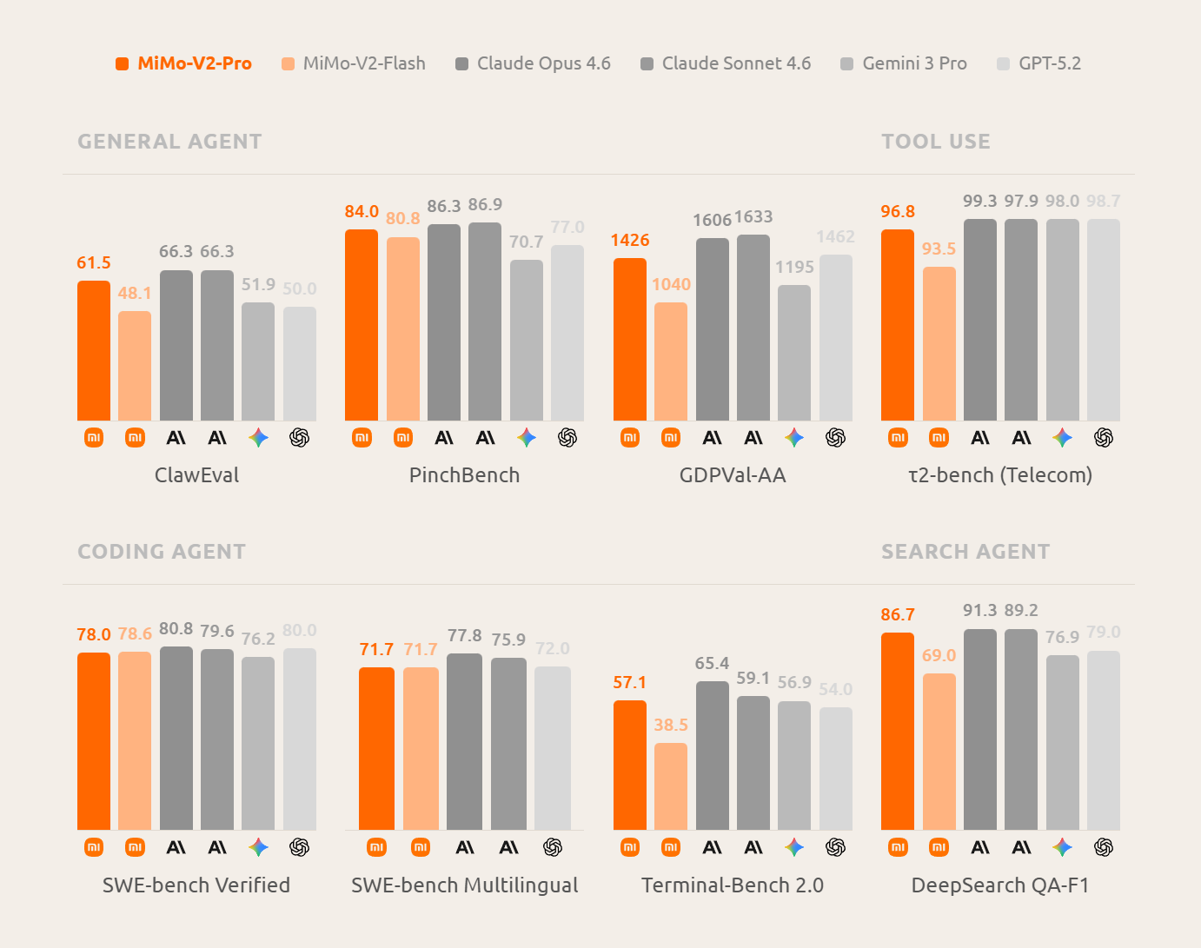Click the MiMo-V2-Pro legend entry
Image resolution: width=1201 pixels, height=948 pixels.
[x=184, y=63]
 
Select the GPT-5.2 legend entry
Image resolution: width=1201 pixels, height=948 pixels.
[x=1039, y=63]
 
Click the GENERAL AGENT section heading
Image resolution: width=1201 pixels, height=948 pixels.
[x=169, y=142]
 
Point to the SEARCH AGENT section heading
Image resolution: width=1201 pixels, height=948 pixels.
[x=965, y=552]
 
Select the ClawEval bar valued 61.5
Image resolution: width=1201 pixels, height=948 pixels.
[x=94, y=351]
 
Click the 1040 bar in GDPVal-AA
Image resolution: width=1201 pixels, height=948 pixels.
[x=671, y=361]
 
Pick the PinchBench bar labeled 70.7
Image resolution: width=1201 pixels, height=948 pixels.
[x=527, y=341]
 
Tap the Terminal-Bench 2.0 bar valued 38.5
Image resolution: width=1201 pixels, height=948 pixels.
[x=671, y=786]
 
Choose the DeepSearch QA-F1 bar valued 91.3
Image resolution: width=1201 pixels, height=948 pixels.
[x=980, y=730]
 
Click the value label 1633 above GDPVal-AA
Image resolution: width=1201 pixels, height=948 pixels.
[x=753, y=216]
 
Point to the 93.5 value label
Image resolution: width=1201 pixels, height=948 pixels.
[x=939, y=249]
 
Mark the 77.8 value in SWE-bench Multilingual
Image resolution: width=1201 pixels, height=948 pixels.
[x=465, y=636]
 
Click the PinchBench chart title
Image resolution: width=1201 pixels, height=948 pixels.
[x=465, y=475]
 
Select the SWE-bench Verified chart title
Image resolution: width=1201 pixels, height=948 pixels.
[x=196, y=885]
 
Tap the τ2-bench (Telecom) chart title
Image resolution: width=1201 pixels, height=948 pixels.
[x=1000, y=475]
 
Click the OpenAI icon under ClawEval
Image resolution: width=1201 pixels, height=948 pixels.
[x=300, y=438]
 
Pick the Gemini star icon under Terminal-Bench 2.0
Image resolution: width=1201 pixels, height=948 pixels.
[x=794, y=847]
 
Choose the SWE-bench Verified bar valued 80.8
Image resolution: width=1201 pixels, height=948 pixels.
[x=176, y=739]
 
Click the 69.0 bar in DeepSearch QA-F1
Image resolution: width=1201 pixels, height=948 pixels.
[x=939, y=752]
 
